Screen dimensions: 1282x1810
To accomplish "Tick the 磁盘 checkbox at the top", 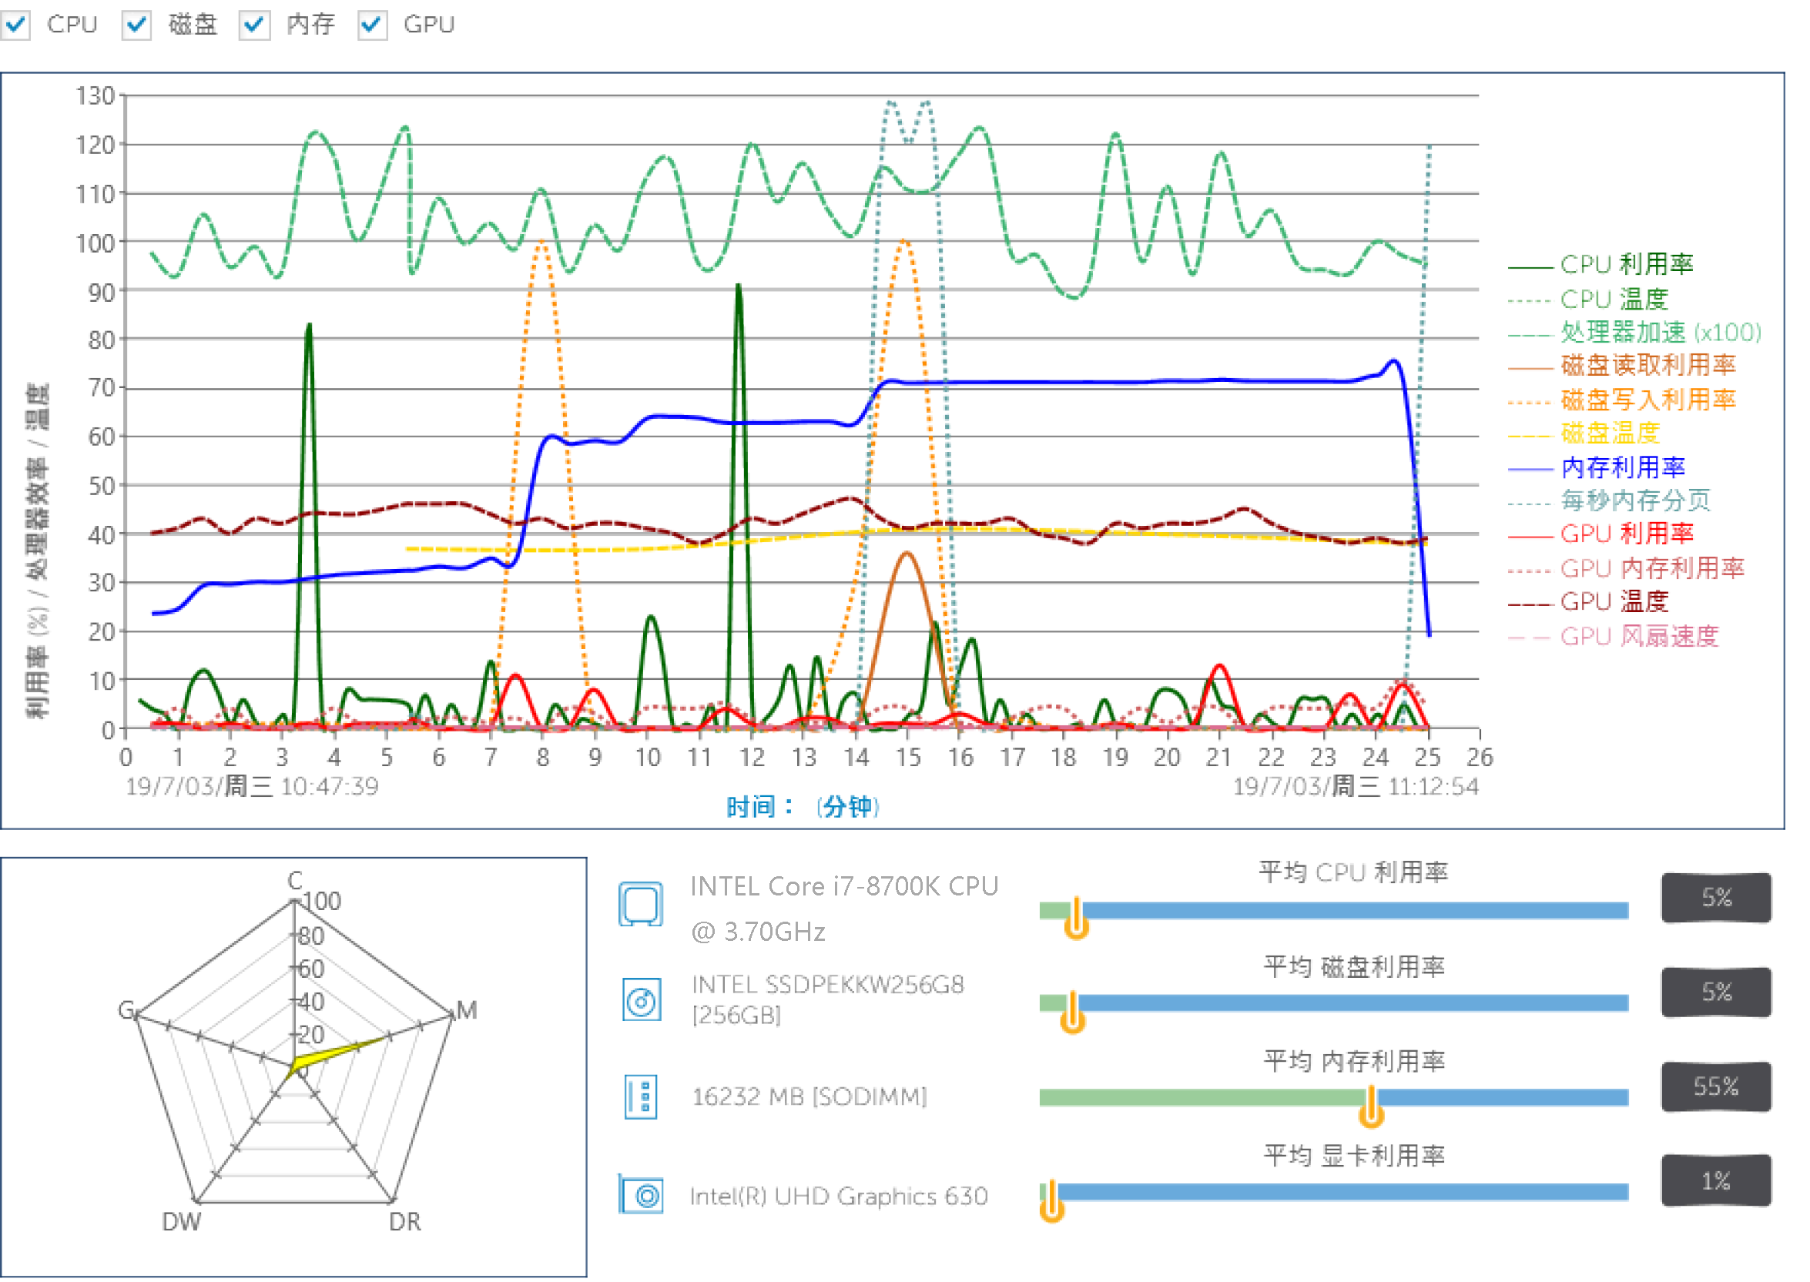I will point(136,25).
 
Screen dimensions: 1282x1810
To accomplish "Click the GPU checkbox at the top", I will point(372,25).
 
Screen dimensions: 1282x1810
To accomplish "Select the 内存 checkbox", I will point(254,25).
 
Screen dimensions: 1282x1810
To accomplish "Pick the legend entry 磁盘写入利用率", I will point(1647,400).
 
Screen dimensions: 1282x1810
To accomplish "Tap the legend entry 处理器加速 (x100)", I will point(1660,332).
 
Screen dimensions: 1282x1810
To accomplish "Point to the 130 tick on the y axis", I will point(96,96).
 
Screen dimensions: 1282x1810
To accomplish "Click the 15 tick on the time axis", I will point(907,758).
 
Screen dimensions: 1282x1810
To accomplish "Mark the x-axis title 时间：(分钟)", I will point(803,807).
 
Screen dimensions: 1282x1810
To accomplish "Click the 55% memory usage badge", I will point(1715,1086).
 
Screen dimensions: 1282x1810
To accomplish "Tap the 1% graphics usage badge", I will point(1715,1181).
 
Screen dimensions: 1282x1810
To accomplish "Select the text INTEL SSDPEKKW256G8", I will point(826,984).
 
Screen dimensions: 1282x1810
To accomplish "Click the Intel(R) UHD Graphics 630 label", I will point(838,1197).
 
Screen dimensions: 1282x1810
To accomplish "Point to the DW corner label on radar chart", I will point(181,1222).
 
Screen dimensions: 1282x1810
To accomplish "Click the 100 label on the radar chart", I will point(322,902).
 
